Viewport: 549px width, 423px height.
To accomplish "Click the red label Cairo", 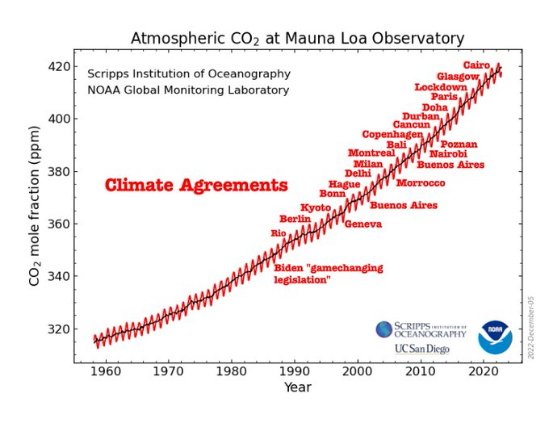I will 476,65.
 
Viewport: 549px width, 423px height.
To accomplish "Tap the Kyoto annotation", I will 316,207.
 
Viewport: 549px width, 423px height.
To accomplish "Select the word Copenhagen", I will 392,135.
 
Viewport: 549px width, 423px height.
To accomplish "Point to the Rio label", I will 279,233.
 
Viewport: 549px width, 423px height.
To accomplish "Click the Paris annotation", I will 444,97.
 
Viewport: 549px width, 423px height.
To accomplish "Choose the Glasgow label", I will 458,76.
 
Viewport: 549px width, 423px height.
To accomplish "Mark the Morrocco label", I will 421,183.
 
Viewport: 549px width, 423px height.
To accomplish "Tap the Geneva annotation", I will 363,224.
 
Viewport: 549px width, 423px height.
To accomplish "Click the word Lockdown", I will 441,86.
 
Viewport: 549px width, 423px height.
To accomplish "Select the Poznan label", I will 459,144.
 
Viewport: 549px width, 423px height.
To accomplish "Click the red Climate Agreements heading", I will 196,186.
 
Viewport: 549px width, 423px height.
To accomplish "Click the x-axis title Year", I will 297,387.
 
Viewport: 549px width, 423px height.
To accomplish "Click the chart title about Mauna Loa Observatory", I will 297,39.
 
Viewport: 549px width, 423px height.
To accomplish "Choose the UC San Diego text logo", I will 422,350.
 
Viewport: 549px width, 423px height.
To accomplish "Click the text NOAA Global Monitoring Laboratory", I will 188,90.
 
